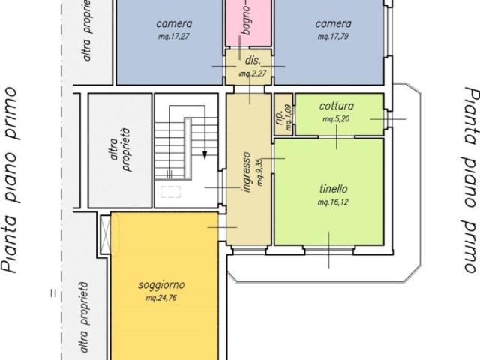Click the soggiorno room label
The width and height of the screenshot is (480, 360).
[161, 285]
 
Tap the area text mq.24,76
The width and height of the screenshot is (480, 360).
[161, 298]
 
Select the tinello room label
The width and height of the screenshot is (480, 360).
[333, 188]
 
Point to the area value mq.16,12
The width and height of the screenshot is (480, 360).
[333, 202]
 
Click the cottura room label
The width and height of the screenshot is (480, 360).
[337, 106]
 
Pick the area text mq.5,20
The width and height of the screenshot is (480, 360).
[336, 118]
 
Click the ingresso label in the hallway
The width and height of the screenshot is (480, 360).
[247, 172]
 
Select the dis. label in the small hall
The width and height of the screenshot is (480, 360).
[253, 60]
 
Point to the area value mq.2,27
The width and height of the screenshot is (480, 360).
[253, 73]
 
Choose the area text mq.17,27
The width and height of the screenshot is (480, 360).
[174, 37]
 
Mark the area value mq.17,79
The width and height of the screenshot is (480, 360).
[333, 37]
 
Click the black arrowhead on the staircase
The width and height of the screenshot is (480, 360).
[205, 155]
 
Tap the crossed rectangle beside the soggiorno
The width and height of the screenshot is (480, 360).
[106, 235]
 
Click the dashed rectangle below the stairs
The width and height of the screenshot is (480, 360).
[170, 192]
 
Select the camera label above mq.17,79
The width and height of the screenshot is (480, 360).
[333, 24]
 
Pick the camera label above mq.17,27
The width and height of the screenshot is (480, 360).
[174, 24]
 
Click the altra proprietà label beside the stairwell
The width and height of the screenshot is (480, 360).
[120, 150]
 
